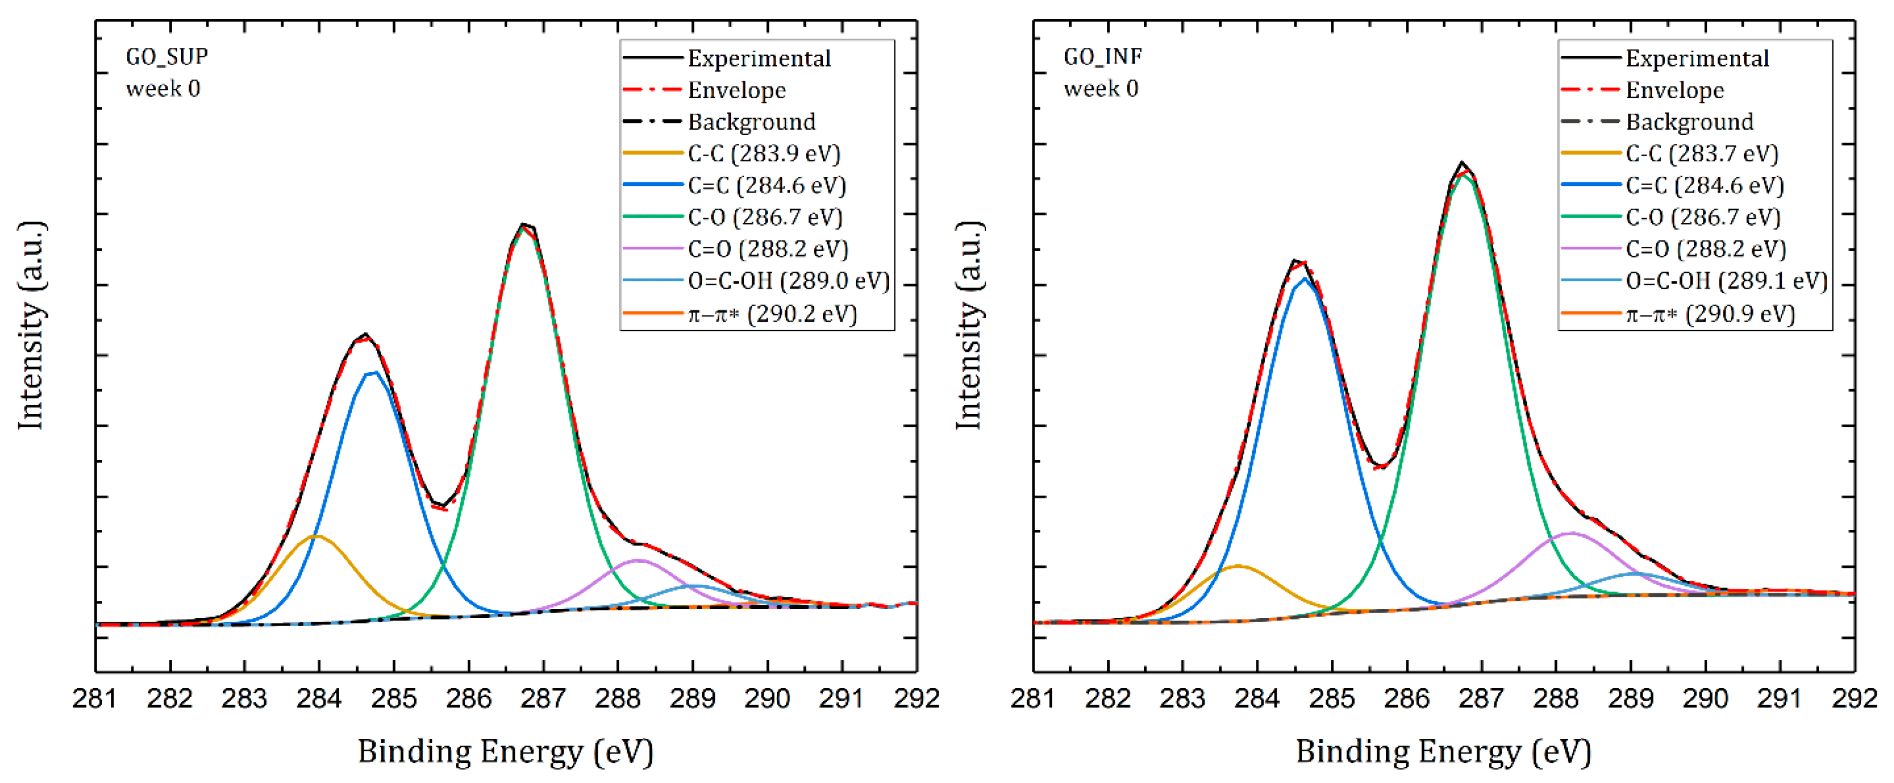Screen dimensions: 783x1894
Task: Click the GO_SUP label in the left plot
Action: click(x=167, y=57)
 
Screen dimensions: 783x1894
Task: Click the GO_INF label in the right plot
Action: click(x=1103, y=57)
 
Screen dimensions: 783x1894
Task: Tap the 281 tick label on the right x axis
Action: click(x=1034, y=698)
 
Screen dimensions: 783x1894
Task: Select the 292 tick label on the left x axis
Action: click(x=916, y=698)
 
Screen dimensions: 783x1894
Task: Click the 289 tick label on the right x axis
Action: click(x=1631, y=698)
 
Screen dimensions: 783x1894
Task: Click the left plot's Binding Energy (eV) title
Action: click(x=506, y=752)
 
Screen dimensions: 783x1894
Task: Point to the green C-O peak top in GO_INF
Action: click(x=1464, y=175)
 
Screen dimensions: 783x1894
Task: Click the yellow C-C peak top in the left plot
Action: click(x=316, y=536)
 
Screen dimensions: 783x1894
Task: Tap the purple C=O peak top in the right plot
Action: click(x=1571, y=533)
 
